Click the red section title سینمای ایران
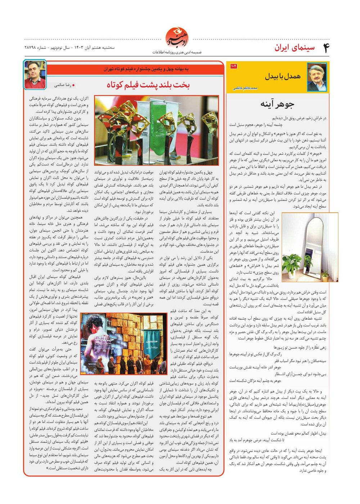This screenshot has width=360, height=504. (294, 48)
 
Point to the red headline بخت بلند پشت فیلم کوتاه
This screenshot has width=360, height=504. (148, 85)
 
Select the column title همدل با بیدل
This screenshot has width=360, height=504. (283, 76)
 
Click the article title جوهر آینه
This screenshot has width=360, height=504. (277, 104)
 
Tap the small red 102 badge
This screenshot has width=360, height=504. (233, 66)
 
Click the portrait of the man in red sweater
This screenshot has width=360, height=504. (35, 74)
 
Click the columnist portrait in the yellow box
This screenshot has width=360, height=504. (317, 77)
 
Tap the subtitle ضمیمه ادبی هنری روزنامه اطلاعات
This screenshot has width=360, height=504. (177, 52)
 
